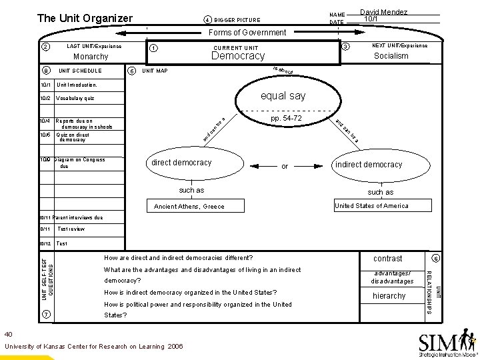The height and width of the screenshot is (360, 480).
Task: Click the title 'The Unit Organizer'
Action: (x=85, y=18)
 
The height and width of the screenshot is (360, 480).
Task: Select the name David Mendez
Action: (x=383, y=12)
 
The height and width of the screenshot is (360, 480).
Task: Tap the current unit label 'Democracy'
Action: (x=238, y=56)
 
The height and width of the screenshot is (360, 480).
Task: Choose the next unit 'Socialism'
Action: (x=391, y=56)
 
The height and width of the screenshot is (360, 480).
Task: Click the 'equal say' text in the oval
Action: (x=283, y=96)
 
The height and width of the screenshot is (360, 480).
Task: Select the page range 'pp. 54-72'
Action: (x=286, y=118)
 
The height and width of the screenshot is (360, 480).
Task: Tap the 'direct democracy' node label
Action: (x=181, y=163)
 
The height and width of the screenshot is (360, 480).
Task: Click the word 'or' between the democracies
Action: (x=285, y=166)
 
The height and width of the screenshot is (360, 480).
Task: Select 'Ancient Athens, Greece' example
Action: (x=189, y=207)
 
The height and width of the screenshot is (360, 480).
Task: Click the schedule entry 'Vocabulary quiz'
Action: (x=75, y=98)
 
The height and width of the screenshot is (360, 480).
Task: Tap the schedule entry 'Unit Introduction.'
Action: (x=77, y=85)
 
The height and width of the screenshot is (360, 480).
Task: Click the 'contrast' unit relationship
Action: (x=387, y=258)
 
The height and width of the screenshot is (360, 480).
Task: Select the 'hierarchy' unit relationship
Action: (x=389, y=295)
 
